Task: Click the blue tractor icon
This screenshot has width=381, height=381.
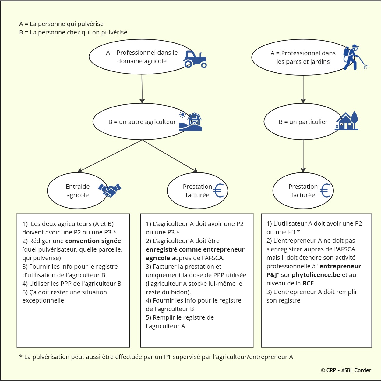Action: pyautogui.click(x=195, y=59)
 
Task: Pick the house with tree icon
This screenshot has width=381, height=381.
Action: pyautogui.click(x=347, y=121)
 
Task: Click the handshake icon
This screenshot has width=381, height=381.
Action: pyautogui.click(x=110, y=190)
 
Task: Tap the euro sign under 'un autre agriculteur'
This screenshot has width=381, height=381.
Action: pyautogui.click(x=219, y=191)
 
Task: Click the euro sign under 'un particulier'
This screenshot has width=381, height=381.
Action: pyautogui.click(x=325, y=191)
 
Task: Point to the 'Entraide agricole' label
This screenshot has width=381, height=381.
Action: pyautogui.click(x=78, y=191)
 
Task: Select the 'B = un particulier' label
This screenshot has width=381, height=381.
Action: pyautogui.click(x=303, y=122)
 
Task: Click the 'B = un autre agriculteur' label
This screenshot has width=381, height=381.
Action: pyautogui.click(x=142, y=122)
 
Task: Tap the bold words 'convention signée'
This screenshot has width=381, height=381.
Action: pyautogui.click(x=93, y=241)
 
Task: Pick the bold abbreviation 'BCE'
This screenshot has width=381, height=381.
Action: pyautogui.click(x=308, y=283)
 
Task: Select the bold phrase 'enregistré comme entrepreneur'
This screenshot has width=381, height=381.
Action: pyautogui.click(x=195, y=249)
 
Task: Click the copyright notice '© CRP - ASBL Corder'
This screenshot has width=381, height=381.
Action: pyautogui.click(x=346, y=370)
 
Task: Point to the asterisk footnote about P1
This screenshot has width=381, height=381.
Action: pyautogui.click(x=156, y=357)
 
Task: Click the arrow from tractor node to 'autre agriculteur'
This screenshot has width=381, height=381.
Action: pyautogui.click(x=142, y=89)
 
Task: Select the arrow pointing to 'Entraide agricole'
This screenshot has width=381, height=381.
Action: pyautogui.click(x=110, y=156)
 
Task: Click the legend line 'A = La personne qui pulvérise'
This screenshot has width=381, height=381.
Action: pyautogui.click(x=61, y=24)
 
